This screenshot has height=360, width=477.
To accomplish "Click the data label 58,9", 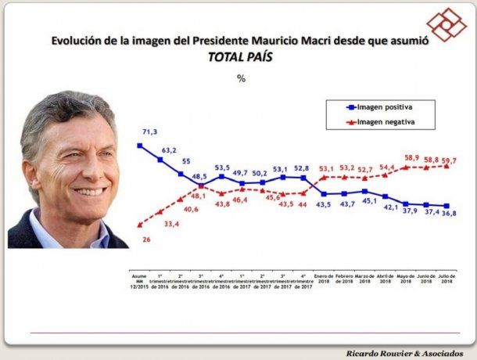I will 413,157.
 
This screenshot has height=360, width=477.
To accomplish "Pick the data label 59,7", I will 450,160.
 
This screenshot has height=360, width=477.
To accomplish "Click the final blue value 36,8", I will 450,212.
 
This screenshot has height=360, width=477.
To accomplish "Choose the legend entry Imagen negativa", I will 385,122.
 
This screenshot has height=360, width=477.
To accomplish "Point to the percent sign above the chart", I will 242,78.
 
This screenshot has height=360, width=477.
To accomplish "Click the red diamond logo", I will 446,24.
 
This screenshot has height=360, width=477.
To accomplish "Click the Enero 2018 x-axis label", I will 323,279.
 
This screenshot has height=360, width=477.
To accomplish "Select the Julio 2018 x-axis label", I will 446,279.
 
